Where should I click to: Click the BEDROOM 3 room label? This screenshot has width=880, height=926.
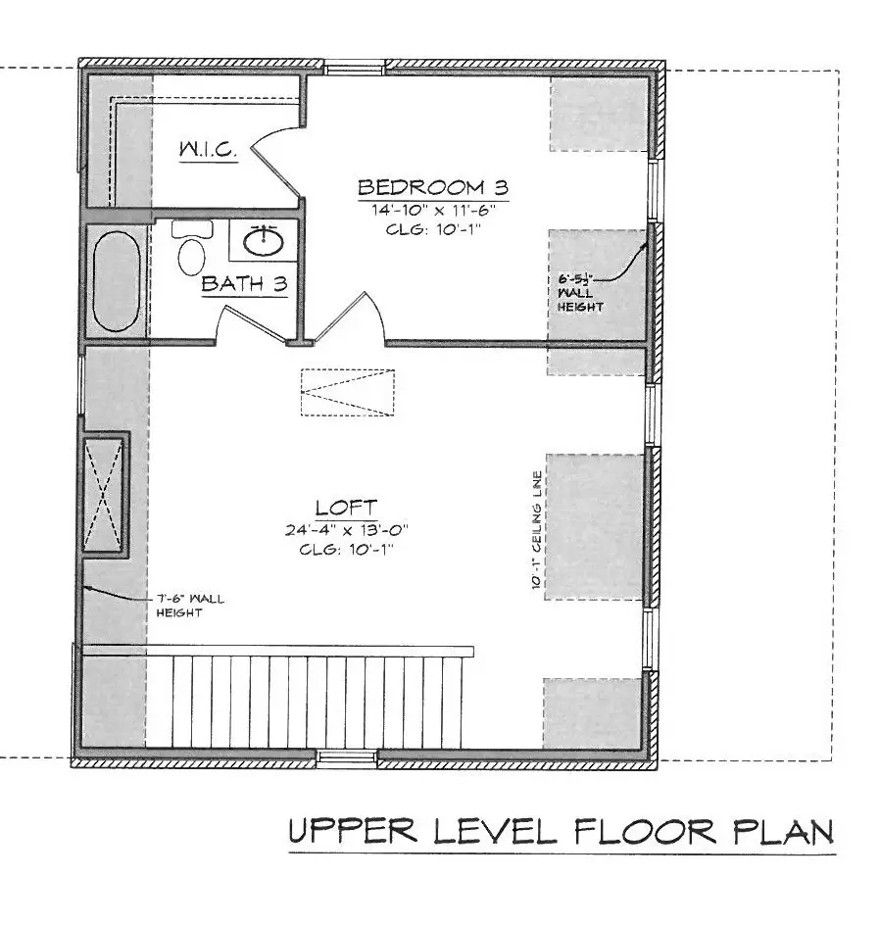pyautogui.click(x=431, y=186)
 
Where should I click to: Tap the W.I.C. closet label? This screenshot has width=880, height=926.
pyautogui.click(x=207, y=150)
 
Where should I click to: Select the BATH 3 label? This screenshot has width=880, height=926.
pyautogui.click(x=244, y=284)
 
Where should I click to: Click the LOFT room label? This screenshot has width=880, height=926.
pyautogui.click(x=345, y=507)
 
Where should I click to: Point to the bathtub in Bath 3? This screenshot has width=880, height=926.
pyautogui.click(x=117, y=280)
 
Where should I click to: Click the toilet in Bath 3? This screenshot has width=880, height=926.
pyautogui.click(x=191, y=251)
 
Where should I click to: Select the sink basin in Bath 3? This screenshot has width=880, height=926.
pyautogui.click(x=263, y=239)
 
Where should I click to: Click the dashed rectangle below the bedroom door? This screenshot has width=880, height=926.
pyautogui.click(x=347, y=393)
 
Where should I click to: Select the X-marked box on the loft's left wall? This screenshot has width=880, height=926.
pyautogui.click(x=103, y=493)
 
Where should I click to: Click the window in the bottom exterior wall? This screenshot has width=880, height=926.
pyautogui.click(x=346, y=755)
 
